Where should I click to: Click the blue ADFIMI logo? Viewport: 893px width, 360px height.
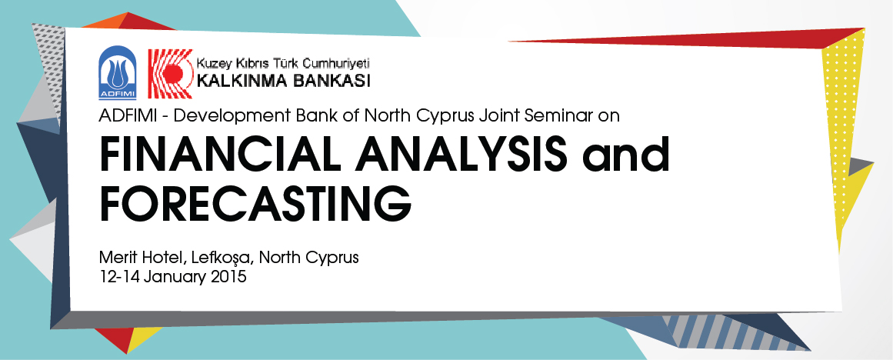(x=118, y=73)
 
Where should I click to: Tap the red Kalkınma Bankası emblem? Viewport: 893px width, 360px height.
(x=170, y=74)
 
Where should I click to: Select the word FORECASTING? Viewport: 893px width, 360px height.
(x=255, y=202)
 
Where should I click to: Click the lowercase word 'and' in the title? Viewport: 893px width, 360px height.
(x=625, y=154)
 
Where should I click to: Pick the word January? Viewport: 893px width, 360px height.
(x=175, y=278)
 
